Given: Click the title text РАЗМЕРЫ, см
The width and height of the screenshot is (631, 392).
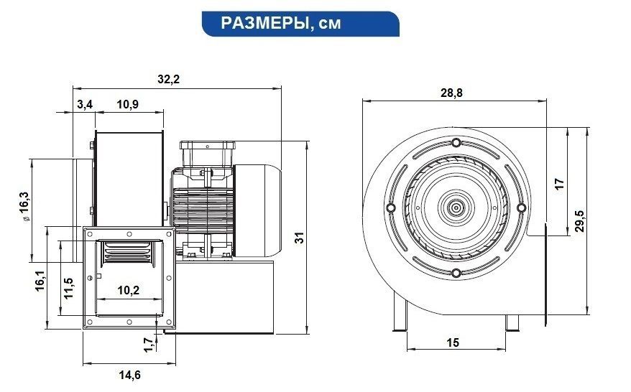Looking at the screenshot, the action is tap(280, 23).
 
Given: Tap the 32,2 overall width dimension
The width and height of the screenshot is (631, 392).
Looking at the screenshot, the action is tap(168, 79).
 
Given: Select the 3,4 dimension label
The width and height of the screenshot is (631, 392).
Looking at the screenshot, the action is tap(85, 105).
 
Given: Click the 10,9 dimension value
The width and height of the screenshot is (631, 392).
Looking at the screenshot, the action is tap(128, 105).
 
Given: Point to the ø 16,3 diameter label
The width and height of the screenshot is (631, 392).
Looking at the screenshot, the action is tap(24, 206).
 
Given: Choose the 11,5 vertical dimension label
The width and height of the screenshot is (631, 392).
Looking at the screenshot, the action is tap(68, 288).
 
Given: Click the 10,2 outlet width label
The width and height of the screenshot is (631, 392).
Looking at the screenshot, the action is tap(129, 290).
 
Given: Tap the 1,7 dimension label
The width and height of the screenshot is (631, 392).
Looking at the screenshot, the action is tap(149, 345).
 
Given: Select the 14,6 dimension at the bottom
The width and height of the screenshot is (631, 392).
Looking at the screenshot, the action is tap(129, 375).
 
